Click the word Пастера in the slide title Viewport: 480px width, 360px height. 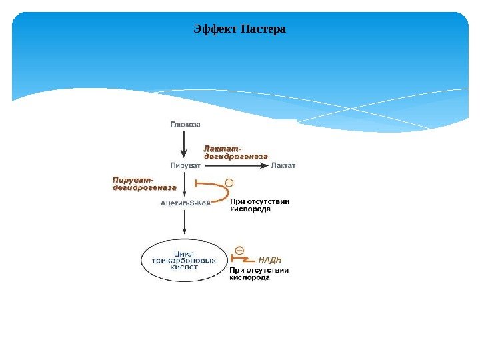click(x=263, y=29)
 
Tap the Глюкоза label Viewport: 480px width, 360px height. click(x=185, y=124)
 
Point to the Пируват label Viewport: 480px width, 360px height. click(x=186, y=165)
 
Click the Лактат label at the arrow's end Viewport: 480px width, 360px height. click(x=283, y=165)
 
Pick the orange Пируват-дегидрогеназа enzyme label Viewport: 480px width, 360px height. click(x=143, y=183)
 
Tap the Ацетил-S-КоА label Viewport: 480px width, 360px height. click(x=185, y=203)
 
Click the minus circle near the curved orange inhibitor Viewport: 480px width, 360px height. click(x=229, y=182)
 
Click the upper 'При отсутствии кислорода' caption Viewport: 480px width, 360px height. click(x=259, y=205)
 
